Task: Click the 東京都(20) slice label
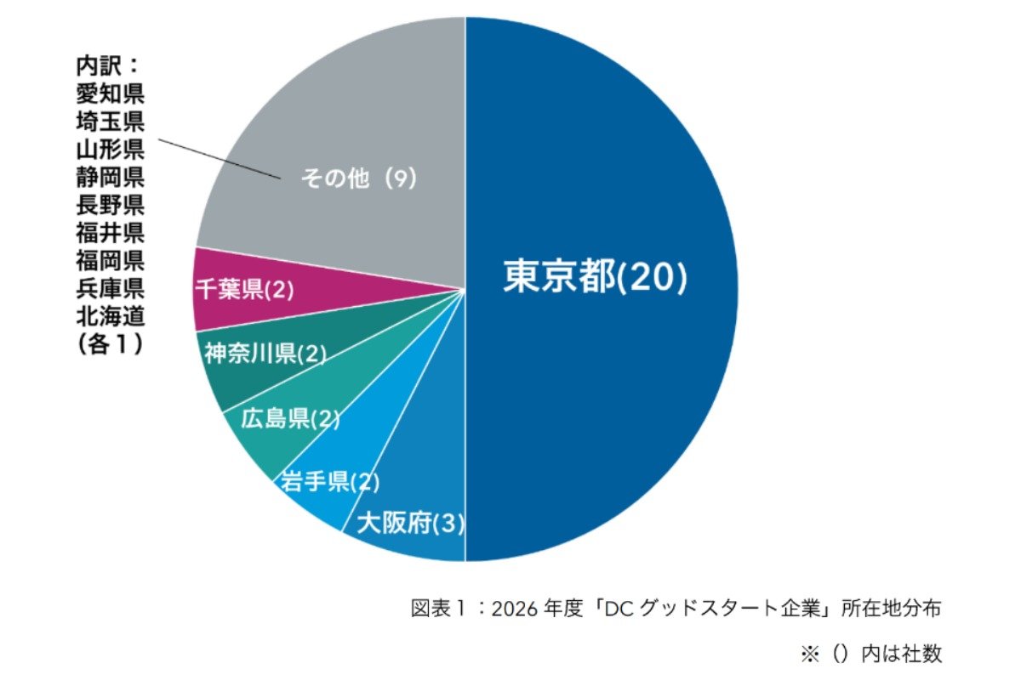click(595, 277)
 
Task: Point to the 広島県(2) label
click(290, 419)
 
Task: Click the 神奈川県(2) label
click(265, 354)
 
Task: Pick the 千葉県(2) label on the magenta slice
click(244, 290)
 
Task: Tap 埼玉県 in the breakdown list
click(110, 121)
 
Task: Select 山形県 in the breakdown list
click(110, 149)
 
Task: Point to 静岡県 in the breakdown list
click(110, 177)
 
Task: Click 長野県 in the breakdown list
click(110, 205)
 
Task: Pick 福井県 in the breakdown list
click(110, 233)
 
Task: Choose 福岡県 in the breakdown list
click(110, 261)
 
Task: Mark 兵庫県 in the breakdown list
click(110, 289)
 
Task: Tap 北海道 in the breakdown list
click(110, 317)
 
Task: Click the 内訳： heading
click(107, 65)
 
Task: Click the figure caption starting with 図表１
click(676, 609)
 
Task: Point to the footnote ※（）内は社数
click(870, 653)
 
